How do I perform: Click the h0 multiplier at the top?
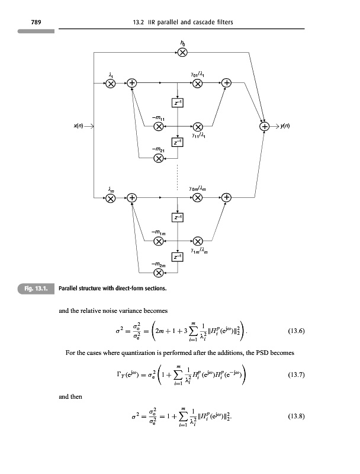coord(183,52)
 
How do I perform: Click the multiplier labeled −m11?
coord(158,126)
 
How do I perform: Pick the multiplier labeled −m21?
coord(158,157)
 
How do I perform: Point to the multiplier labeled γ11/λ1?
coord(198,126)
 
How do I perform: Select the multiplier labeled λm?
coord(111,197)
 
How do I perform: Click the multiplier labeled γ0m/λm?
coord(198,197)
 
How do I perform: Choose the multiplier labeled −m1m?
coord(158,241)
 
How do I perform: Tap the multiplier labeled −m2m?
coord(158,273)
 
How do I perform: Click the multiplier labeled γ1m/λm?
coord(198,241)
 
